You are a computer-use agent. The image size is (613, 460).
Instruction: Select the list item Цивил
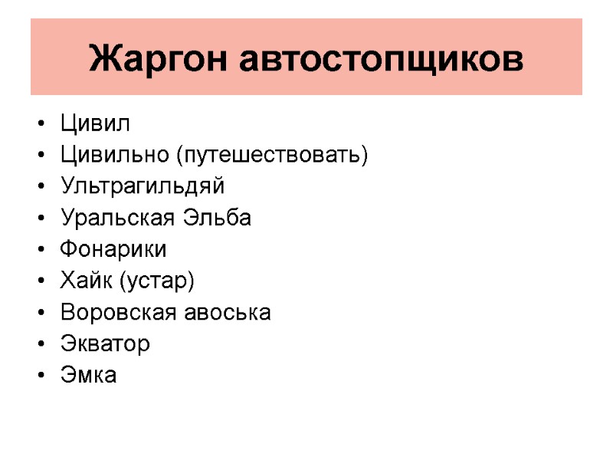click(95, 124)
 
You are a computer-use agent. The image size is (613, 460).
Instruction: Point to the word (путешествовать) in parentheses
click(272, 156)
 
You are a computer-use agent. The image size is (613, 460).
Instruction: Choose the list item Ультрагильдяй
click(142, 187)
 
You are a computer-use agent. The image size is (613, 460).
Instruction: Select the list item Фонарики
click(113, 250)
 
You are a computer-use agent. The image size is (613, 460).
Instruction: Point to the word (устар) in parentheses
click(156, 282)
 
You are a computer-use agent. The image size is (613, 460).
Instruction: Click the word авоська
click(228, 313)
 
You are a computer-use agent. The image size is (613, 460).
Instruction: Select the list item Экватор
click(105, 344)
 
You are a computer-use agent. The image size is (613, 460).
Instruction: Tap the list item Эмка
click(88, 376)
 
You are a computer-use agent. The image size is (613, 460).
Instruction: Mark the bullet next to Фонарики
click(40, 251)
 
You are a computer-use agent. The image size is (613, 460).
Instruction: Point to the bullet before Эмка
click(40, 376)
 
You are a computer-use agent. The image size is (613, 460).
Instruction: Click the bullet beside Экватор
click(40, 345)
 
